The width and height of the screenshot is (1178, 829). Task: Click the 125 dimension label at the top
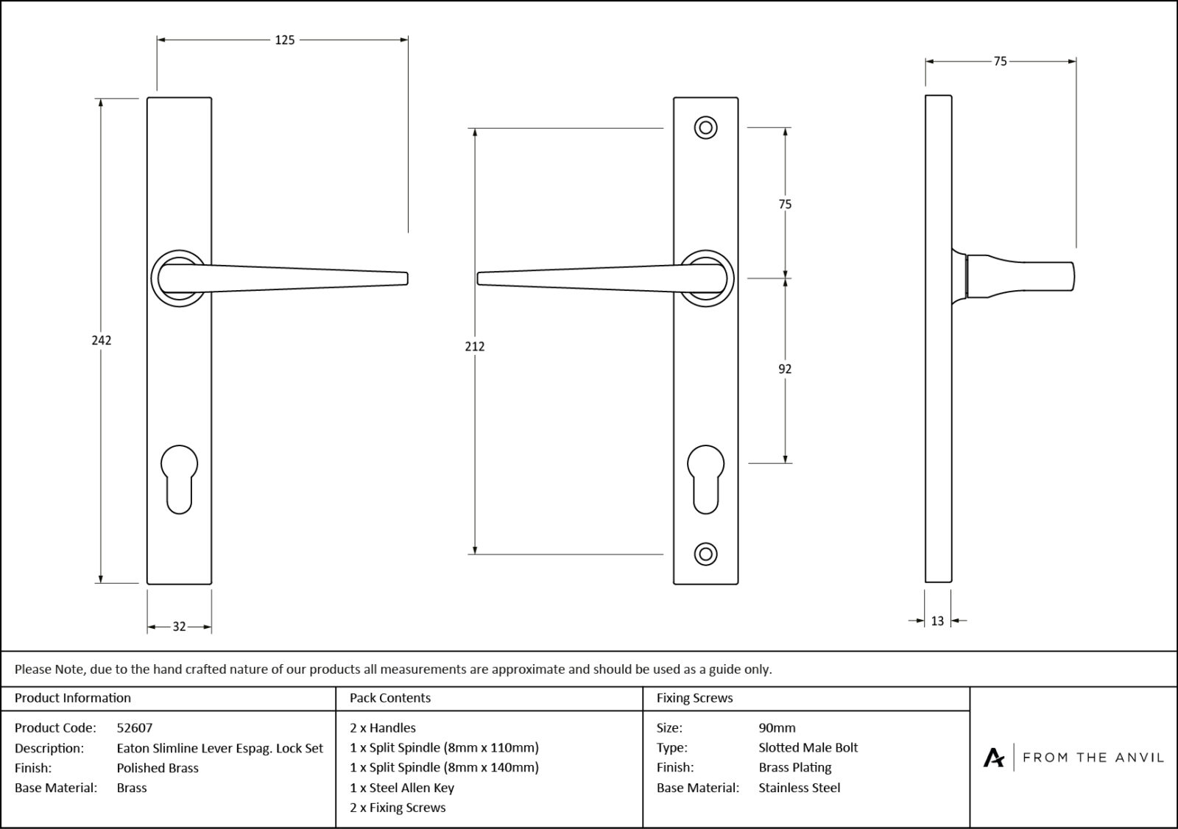click(284, 40)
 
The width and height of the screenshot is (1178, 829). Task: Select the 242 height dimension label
click(101, 340)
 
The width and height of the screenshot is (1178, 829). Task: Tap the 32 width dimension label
click(179, 627)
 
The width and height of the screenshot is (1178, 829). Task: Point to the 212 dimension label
click(475, 346)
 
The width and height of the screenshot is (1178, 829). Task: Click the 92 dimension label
click(785, 369)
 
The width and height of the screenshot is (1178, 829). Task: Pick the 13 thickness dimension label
click(937, 621)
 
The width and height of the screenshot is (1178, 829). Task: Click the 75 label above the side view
click(1000, 62)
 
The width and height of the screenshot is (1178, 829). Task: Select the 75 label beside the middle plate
click(785, 204)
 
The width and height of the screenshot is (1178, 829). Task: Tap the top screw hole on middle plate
click(705, 128)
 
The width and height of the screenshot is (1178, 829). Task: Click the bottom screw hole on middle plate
click(705, 554)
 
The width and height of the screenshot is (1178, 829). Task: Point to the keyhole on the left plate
click(179, 478)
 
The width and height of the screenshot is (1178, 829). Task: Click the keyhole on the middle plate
click(705, 478)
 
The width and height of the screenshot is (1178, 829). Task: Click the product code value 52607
click(135, 728)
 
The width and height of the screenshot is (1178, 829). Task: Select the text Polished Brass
click(158, 768)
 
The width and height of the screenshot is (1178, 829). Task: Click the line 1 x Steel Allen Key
click(402, 788)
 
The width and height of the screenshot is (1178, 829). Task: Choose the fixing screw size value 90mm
click(777, 728)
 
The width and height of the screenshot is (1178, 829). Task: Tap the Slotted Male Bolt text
click(808, 748)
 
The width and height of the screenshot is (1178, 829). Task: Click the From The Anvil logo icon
click(994, 758)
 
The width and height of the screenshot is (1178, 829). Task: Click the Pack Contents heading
click(390, 698)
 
